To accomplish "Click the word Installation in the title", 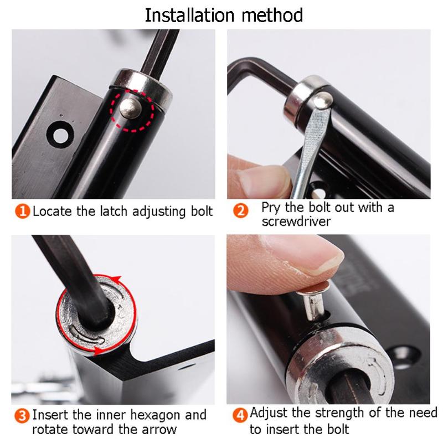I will point(189,15).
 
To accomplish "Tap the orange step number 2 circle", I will point(241,212).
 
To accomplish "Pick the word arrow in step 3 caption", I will point(158,429).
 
